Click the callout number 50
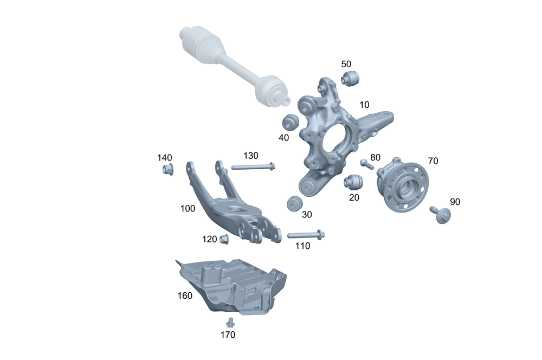click(346, 64)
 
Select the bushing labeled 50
click(350, 78)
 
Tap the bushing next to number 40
click(291, 122)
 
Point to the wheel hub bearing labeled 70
click(402, 185)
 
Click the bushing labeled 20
click(353, 182)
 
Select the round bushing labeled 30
click(295, 203)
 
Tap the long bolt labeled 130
click(253, 167)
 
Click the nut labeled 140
click(168, 170)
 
